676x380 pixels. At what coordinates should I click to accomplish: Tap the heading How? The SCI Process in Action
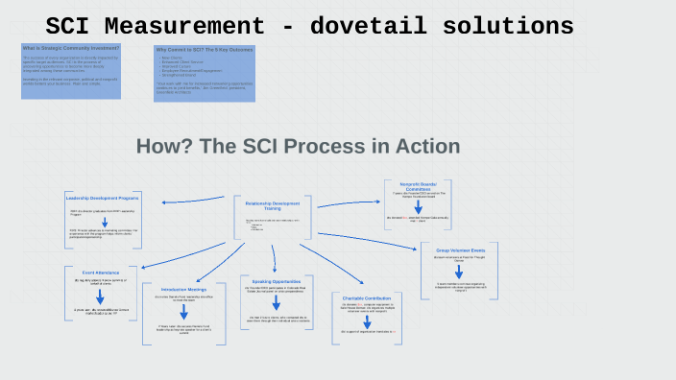(298, 147)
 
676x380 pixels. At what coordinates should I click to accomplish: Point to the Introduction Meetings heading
(184, 289)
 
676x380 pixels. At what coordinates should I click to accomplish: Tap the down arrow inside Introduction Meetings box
(183, 312)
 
